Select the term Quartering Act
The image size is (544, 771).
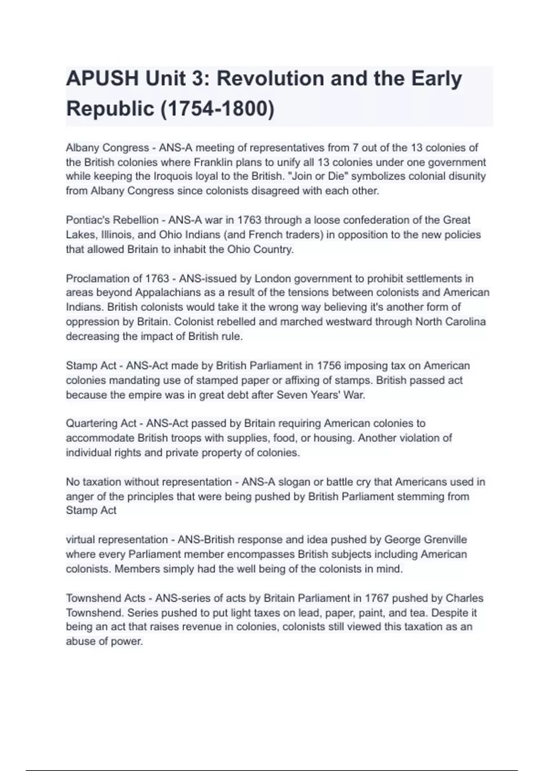[x=101, y=424]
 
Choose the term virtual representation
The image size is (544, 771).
[x=117, y=540]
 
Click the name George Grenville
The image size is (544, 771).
[x=425, y=540]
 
